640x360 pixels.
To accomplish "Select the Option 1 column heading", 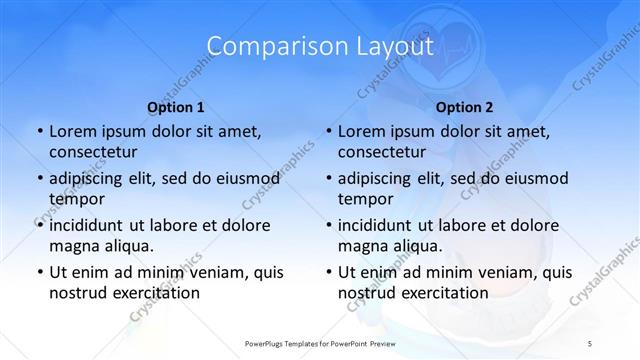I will click(x=176, y=107).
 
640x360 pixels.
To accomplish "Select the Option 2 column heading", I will click(x=465, y=107).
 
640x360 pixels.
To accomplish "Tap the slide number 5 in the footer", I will click(x=591, y=343).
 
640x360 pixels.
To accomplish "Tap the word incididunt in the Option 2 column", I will click(x=380, y=225).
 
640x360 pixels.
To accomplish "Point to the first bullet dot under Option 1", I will click(x=39, y=131).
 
